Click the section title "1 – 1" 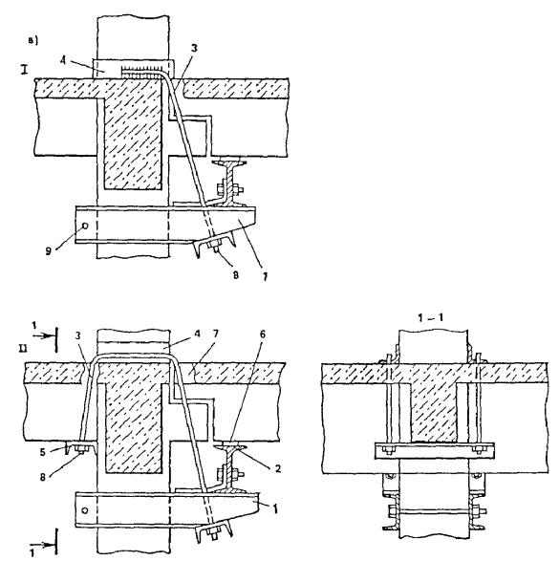tap(431, 317)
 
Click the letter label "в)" tap(32, 41)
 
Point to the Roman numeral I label tap(25, 69)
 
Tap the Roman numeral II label tap(23, 349)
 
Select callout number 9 tap(49, 250)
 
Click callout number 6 tap(263, 334)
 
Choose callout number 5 tap(43, 452)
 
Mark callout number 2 tap(278, 468)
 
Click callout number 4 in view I tap(63, 60)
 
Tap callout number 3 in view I tap(193, 49)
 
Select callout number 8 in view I tap(235, 275)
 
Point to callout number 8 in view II tap(43, 477)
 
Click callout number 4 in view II tap(196, 334)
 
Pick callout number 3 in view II tap(78, 335)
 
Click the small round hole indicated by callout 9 tap(85, 226)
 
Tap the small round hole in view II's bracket tap(84, 510)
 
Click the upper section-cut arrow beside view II tap(44, 336)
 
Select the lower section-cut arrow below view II tap(44, 546)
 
